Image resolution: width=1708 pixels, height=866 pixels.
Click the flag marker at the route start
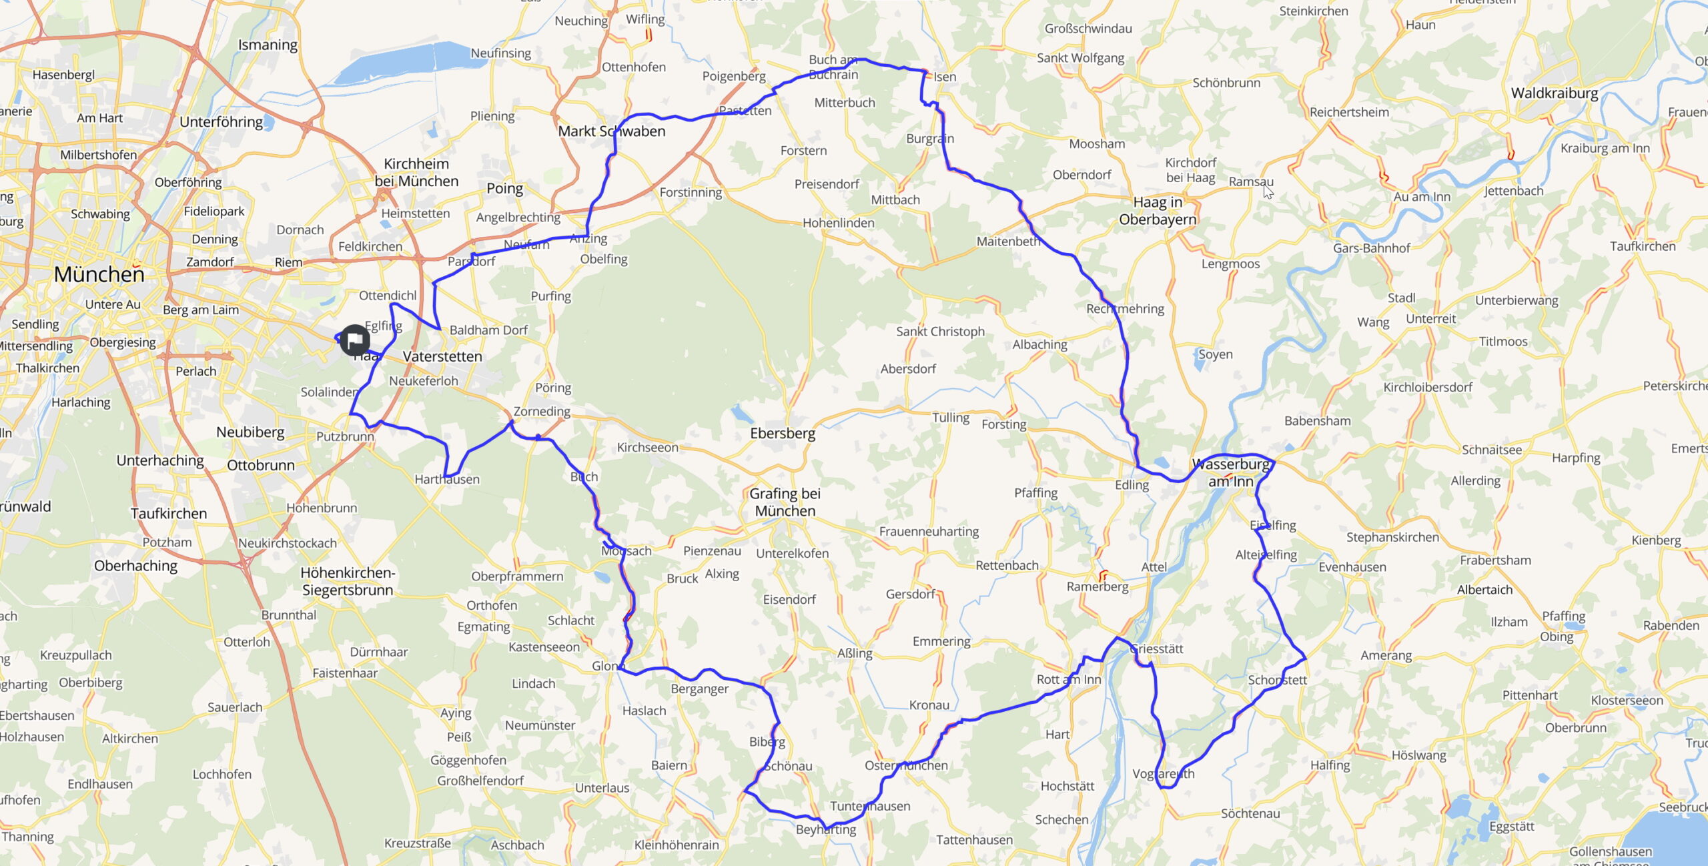pyautogui.click(x=354, y=340)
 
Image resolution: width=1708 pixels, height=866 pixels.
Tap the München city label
pyautogui.click(x=99, y=274)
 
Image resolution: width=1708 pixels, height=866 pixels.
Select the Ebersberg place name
pyautogui.click(x=783, y=434)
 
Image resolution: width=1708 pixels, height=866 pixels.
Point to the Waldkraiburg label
pyautogui.click(x=1555, y=93)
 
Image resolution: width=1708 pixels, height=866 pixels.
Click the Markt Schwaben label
pyautogui.click(x=612, y=131)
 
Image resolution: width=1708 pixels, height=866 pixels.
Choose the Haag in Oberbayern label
pyautogui.click(x=1158, y=211)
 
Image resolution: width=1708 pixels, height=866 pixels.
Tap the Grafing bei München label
pyautogui.click(x=785, y=502)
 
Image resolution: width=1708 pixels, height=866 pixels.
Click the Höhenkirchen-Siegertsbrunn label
pyautogui.click(x=348, y=581)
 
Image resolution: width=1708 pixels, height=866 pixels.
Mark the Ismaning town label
pyautogui.click(x=268, y=45)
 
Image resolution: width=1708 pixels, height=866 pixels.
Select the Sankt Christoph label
pyautogui.click(x=940, y=332)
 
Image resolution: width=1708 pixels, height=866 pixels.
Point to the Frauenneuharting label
pyautogui.click(x=929, y=532)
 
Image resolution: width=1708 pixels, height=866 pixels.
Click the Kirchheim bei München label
pyautogui.click(x=416, y=173)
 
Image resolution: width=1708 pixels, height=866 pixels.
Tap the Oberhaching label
pyautogui.click(x=135, y=566)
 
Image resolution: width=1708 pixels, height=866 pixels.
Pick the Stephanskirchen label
pyautogui.click(x=1392, y=537)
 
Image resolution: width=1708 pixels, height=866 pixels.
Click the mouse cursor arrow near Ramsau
pyautogui.click(x=1268, y=191)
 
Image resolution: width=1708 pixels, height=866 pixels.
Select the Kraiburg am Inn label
pyautogui.click(x=1605, y=148)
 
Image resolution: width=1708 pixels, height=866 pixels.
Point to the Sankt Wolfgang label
pyautogui.click(x=1080, y=58)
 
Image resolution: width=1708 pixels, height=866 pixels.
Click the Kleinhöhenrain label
pyautogui.click(x=677, y=845)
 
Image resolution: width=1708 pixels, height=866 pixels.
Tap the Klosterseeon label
pyautogui.click(x=1627, y=701)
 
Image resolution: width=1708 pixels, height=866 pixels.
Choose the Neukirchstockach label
pyautogui.click(x=288, y=543)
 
